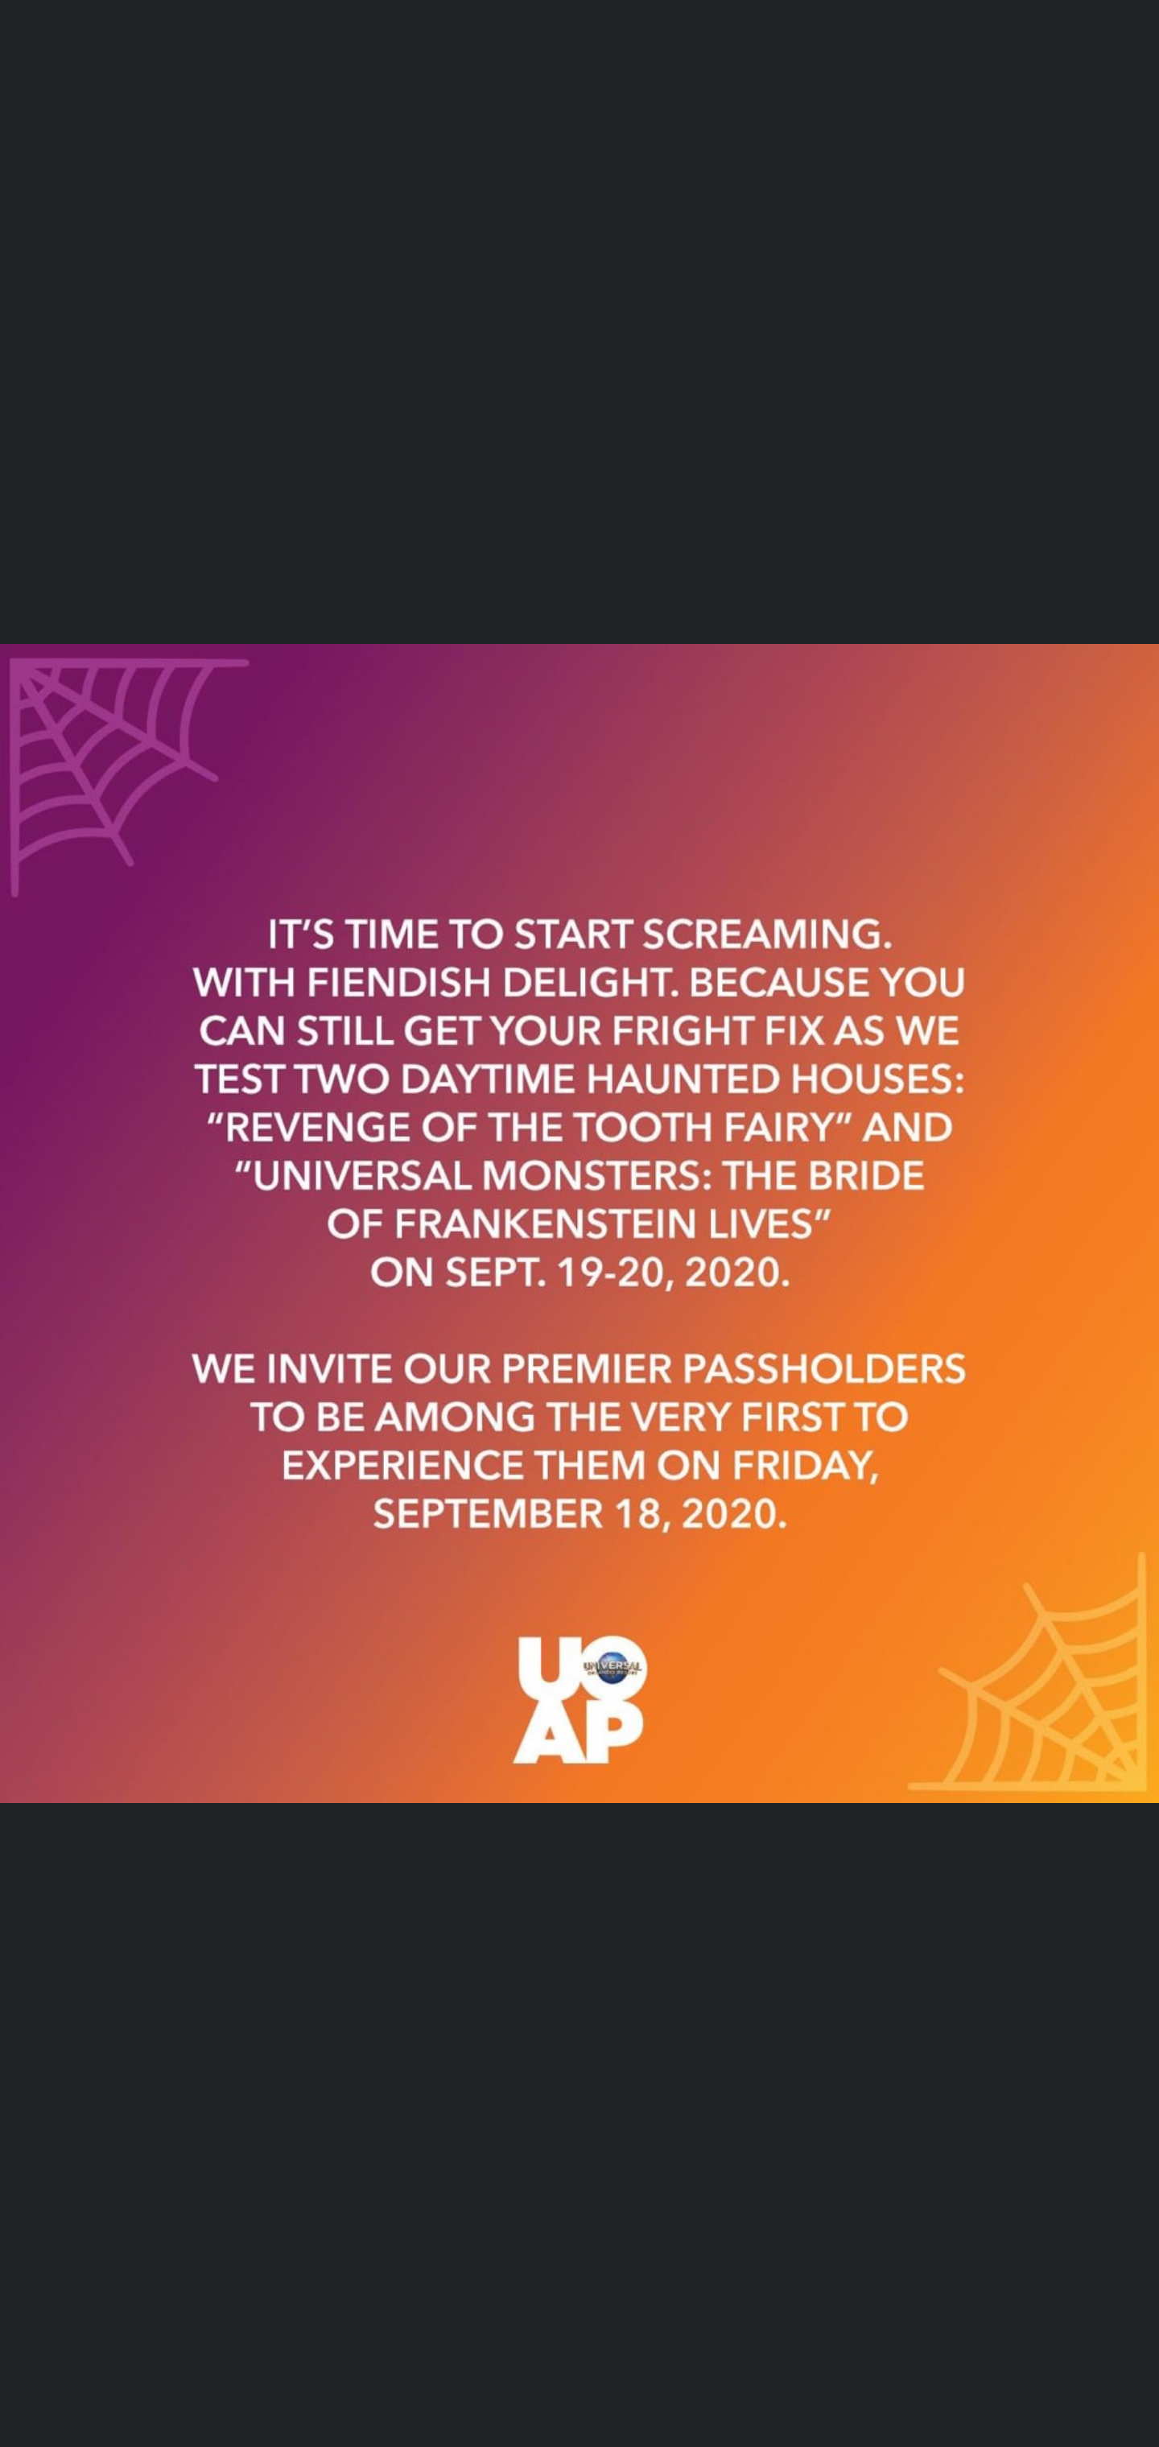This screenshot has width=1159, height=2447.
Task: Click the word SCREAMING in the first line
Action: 767,935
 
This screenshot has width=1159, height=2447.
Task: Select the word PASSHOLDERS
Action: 823,1370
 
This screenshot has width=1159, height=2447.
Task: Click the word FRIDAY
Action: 805,1466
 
